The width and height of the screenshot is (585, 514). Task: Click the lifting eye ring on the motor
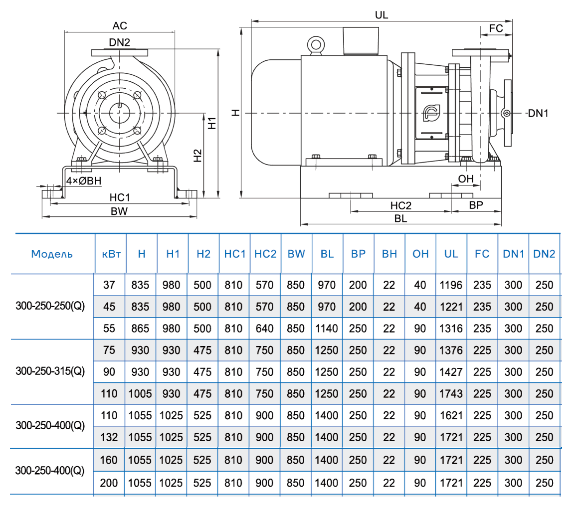click(315, 44)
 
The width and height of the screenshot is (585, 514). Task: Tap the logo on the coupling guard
click(430, 113)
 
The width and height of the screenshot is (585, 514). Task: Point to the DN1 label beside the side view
click(538, 114)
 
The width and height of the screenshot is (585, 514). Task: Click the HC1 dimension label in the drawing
click(120, 197)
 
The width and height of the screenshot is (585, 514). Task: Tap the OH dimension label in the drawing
click(465, 178)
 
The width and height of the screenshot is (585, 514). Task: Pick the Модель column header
click(52, 254)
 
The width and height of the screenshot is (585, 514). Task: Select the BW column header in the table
click(296, 254)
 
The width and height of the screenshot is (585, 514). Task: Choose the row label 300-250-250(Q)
click(50, 307)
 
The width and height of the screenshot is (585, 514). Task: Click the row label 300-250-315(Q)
click(50, 371)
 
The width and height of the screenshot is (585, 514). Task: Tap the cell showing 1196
click(451, 285)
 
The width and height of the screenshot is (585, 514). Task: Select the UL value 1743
click(451, 393)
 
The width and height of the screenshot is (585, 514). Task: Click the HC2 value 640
click(265, 329)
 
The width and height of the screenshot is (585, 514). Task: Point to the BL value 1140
click(327, 329)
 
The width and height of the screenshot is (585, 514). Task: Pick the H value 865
click(142, 329)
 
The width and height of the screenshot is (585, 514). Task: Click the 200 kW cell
click(109, 483)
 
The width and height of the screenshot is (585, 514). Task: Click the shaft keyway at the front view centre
click(121, 106)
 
